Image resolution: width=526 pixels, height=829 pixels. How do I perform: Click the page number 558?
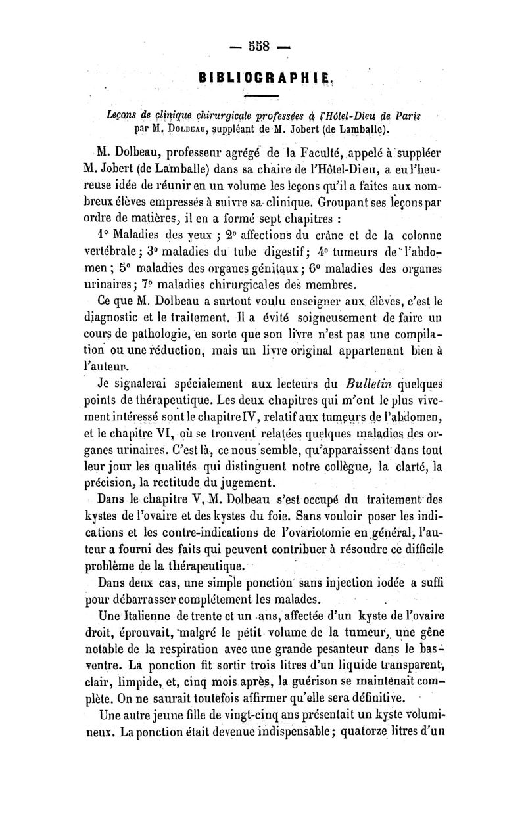pos(262,47)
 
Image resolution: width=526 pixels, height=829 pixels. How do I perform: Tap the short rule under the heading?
pos(261,95)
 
